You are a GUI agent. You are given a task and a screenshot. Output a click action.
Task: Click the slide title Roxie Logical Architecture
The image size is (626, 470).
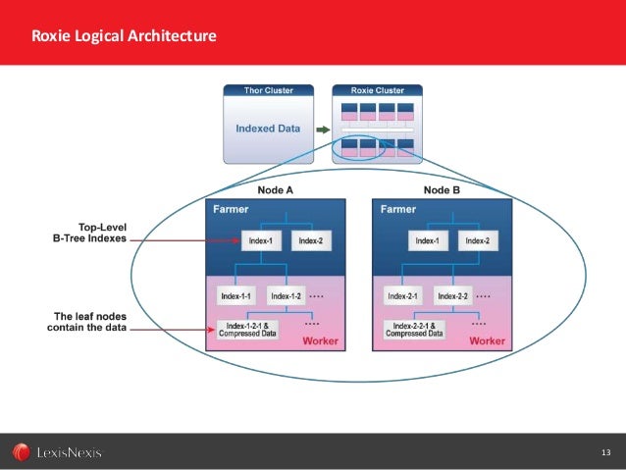pyautogui.click(x=124, y=37)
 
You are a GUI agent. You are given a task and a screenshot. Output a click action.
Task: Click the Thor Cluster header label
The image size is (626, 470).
pyautogui.click(x=267, y=90)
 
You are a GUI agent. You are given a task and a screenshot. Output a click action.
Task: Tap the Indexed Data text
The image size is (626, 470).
pyautogui.click(x=268, y=128)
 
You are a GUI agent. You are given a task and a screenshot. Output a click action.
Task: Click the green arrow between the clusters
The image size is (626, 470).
pyautogui.click(x=322, y=128)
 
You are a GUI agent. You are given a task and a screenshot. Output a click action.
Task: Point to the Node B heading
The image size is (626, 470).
pyautogui.click(x=443, y=189)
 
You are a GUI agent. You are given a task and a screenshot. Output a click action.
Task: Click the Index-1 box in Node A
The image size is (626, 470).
pyautogui.click(x=260, y=240)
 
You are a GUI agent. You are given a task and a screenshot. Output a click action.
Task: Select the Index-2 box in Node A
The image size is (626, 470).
pyautogui.click(x=310, y=240)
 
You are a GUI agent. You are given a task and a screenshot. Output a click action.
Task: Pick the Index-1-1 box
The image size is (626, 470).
pyautogui.click(x=235, y=295)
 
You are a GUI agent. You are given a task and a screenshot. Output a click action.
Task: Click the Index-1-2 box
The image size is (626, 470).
pyautogui.click(x=286, y=295)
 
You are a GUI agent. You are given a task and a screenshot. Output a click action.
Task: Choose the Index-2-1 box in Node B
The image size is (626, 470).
pyautogui.click(x=403, y=295)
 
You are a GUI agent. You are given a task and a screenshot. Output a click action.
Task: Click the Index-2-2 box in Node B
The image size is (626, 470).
pyautogui.click(x=452, y=295)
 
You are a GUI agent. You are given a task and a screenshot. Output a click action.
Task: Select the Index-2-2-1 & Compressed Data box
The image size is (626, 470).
pyautogui.click(x=416, y=329)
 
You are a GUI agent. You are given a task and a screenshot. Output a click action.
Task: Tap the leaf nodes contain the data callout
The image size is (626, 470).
pyautogui.click(x=88, y=321)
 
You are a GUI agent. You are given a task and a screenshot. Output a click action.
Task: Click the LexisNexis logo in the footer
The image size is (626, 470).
pyautogui.click(x=57, y=452)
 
